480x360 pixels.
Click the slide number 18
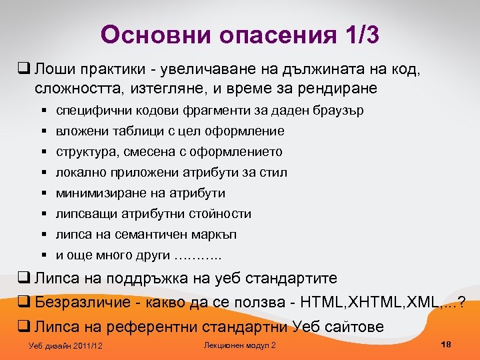[x=447, y=344]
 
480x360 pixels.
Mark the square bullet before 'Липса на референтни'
[x=23, y=327]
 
